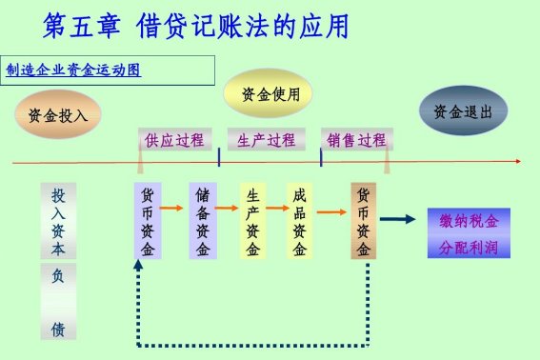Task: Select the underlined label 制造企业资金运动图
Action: pyautogui.click(x=73, y=70)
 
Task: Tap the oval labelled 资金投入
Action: pyautogui.click(x=58, y=115)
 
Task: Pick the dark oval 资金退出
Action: pyautogui.click(x=462, y=111)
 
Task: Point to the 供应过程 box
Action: pyautogui.click(x=174, y=141)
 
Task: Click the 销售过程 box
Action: pyautogui.click(x=356, y=141)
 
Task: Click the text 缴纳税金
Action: pyautogui.click(x=469, y=221)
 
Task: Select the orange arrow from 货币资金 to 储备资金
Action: pyautogui.click(x=173, y=207)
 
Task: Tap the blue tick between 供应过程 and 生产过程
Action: pyautogui.click(x=220, y=156)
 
